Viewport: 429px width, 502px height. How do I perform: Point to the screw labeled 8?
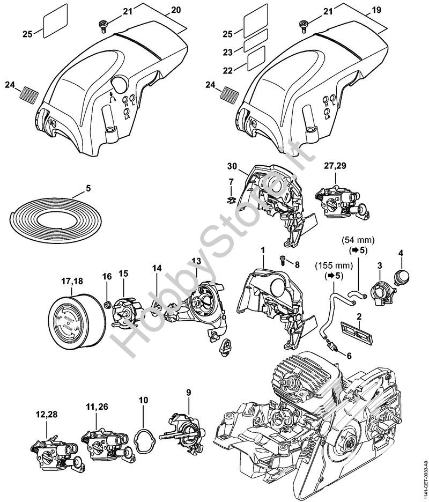coord(281,259)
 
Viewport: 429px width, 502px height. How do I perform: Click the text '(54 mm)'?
coord(357,240)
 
